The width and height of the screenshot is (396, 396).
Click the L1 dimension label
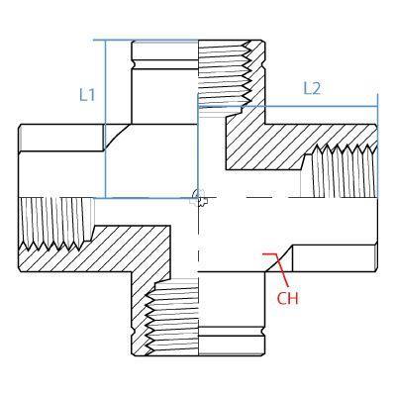pyautogui.click(x=87, y=95)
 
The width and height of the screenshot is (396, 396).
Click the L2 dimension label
pyautogui.click(x=312, y=88)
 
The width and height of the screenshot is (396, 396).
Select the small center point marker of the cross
pyautogui.click(x=199, y=197)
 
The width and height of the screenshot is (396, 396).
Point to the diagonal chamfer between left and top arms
pyautogui.click(x=119, y=138)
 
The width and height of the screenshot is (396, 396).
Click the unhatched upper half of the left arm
pyautogui.click(x=59, y=158)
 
